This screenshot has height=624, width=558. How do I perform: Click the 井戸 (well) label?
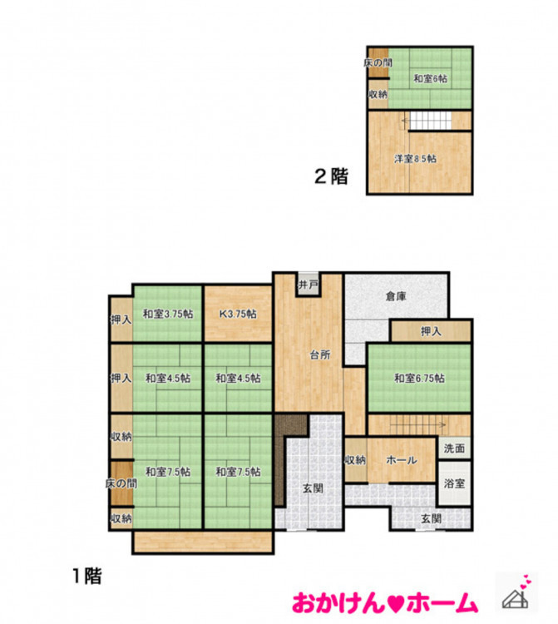(309, 285)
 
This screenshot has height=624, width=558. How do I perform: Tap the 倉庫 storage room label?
(396, 296)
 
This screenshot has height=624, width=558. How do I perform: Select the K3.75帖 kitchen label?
(238, 314)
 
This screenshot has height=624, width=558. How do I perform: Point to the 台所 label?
(320, 355)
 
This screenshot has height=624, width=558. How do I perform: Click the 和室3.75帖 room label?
(168, 314)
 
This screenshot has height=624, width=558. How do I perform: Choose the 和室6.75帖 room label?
(419, 378)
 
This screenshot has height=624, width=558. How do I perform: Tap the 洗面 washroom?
(454, 448)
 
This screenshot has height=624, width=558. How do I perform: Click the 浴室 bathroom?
(454, 483)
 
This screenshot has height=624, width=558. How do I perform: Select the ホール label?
(402, 460)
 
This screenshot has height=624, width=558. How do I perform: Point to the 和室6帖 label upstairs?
(430, 78)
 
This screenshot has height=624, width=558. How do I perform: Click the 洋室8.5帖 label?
(415, 159)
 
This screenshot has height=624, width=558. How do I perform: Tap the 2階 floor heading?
(331, 176)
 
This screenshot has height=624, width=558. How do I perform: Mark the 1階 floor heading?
(87, 576)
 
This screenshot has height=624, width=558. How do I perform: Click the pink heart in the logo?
(384, 604)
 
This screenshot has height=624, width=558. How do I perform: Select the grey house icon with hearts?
(516, 593)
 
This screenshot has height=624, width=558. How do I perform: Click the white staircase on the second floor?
(431, 120)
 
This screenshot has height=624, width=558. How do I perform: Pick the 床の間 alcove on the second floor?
(378, 63)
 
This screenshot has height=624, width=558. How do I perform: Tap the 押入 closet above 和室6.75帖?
(431, 331)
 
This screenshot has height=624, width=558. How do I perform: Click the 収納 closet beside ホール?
(356, 460)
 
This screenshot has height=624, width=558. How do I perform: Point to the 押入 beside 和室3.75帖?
(121, 319)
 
